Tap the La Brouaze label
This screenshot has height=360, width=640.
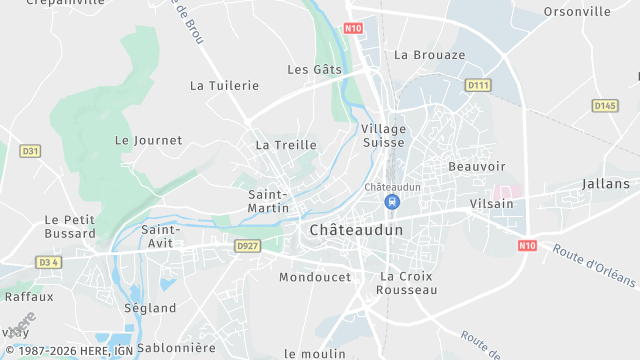pyautogui.click(x=430, y=55)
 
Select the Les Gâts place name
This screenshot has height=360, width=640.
pyautogui.click(x=314, y=70)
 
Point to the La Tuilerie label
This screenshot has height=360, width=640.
pyautogui.click(x=224, y=86)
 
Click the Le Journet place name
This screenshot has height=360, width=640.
pyautogui.click(x=149, y=141)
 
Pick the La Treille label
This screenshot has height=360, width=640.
pyautogui.click(x=286, y=145)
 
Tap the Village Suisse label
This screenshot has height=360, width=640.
pyautogui.click(x=384, y=136)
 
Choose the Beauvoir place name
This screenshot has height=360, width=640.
pyautogui.click(x=477, y=166)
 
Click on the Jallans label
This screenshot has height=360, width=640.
pyautogui.click(x=606, y=184)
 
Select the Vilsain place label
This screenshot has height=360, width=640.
pyautogui.click(x=491, y=203)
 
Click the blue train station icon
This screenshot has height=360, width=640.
pyautogui.click(x=392, y=202)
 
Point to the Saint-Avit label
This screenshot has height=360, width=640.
pyautogui.click(x=160, y=236)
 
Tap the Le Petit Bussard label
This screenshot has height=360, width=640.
pyautogui.click(x=70, y=226)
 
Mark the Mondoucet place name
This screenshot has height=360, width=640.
pyautogui.click(x=315, y=277)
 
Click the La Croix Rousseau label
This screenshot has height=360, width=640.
pyautogui.click(x=407, y=282)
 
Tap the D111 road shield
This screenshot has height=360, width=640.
pyautogui.click(x=478, y=86)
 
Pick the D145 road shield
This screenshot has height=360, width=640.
pyautogui.click(x=604, y=105)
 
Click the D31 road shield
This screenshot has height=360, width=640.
pyautogui.click(x=30, y=151)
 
